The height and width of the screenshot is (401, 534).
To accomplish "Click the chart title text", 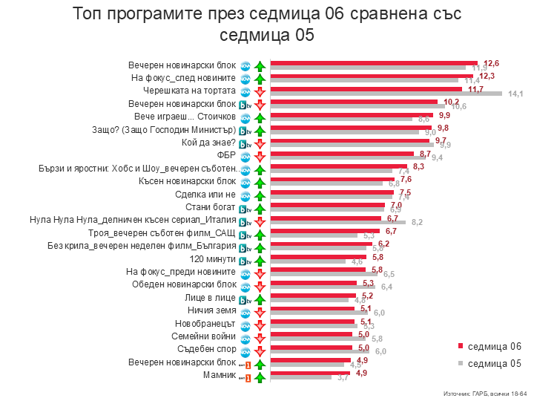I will tap(267, 25).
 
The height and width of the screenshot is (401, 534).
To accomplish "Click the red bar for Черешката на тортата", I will tap(366, 89).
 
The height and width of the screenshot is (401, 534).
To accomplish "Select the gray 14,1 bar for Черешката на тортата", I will tap(386, 94).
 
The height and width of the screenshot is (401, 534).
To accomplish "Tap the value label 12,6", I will tap(491, 63).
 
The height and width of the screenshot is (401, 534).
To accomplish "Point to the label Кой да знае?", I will tap(208, 143).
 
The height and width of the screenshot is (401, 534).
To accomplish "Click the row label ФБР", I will tap(226, 155).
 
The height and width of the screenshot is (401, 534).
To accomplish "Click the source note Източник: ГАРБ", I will tap(481, 392).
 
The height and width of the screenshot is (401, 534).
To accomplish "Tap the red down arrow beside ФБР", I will tap(260, 156).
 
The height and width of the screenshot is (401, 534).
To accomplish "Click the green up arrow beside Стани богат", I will tap(260, 207).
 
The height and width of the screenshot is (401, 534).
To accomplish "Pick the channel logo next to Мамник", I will tap(244, 376).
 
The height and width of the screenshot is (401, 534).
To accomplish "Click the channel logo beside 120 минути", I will tap(244, 260).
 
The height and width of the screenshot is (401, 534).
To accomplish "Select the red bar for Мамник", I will tap(310, 373).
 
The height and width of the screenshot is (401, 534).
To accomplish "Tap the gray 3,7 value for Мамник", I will tap(343, 379).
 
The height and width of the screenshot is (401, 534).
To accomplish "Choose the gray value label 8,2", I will tap(417, 223).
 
